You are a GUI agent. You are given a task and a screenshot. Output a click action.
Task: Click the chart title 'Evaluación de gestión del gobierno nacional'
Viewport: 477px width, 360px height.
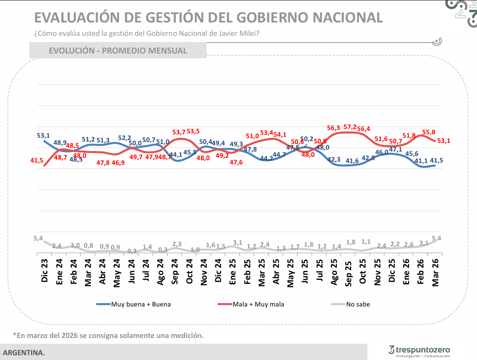[208, 17]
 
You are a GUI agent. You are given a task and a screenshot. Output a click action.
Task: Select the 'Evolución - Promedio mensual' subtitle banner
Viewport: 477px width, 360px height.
[118, 51]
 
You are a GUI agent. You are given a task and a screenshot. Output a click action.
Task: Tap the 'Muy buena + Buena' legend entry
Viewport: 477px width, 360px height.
[133, 304]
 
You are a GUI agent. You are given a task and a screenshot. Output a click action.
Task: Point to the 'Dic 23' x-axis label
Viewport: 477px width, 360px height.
[44, 271]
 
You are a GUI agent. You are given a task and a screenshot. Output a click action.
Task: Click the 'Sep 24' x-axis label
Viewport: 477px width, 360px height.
[175, 271]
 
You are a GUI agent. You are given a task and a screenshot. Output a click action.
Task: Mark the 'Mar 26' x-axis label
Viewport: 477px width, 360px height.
[435, 271]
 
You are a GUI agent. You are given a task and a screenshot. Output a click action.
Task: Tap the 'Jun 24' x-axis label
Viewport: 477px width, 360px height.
[132, 271]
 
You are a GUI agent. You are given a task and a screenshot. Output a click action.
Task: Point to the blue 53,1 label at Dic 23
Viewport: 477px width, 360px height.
[44, 136]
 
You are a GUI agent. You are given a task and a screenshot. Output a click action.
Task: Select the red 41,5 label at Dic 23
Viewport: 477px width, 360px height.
[37, 161]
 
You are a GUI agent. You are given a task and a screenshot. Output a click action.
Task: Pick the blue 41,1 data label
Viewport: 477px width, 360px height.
[421, 161]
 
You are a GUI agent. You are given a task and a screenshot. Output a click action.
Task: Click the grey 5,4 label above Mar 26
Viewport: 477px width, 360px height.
[437, 238]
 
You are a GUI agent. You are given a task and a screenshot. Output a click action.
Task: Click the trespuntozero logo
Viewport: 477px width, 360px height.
[419, 350]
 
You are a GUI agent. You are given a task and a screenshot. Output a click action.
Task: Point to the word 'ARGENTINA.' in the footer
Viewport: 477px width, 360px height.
[24, 353]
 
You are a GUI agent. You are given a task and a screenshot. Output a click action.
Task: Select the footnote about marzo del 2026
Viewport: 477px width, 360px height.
[108, 335]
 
